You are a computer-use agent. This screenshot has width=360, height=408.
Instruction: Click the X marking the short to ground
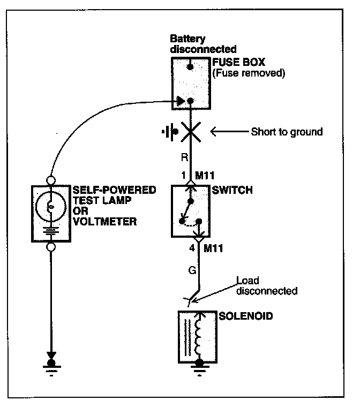(191, 132)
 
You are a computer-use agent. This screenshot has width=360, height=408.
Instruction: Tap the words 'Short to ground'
(287, 132)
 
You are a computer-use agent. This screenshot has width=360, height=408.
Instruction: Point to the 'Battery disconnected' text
(196, 44)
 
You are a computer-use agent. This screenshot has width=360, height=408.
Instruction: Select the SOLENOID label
(239, 316)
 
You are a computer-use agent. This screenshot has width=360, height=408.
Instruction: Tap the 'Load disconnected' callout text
(266, 286)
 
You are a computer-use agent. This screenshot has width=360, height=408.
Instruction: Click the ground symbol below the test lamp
(51, 366)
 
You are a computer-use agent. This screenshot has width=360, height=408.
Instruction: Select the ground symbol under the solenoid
(200, 366)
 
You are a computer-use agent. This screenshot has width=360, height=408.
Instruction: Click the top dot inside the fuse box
(191, 67)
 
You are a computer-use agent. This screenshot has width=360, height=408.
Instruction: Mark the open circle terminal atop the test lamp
(51, 179)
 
